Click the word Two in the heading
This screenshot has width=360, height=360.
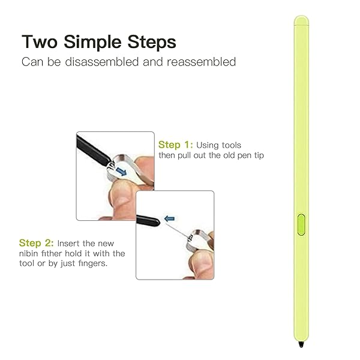point(40,42)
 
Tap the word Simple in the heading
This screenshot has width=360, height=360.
point(92,42)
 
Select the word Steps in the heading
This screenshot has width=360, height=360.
point(152,42)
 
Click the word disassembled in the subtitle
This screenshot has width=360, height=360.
point(102,62)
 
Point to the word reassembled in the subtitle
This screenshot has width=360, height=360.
point(202,62)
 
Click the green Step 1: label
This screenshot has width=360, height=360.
point(176,145)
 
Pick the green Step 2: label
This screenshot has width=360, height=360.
point(37,243)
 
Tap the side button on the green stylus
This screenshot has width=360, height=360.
point(301,225)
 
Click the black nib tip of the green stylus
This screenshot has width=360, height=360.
point(301,344)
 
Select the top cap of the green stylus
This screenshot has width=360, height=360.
point(301,20)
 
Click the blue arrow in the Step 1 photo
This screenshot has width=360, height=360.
point(121,171)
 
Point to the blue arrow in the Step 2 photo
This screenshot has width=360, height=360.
point(170,218)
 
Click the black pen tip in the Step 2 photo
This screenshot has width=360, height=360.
point(148,220)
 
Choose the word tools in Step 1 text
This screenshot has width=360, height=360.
point(232,145)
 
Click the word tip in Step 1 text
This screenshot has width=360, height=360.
point(259,155)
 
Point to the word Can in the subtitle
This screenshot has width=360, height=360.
point(32,62)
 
